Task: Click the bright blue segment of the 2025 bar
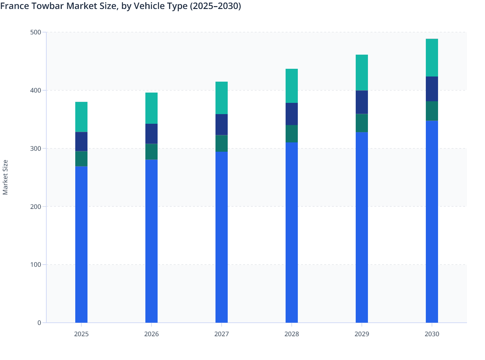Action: (81, 244)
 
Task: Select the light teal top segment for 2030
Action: (432, 58)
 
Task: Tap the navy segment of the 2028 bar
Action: (291, 114)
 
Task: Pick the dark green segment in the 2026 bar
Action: (151, 152)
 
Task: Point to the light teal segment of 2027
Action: (222, 98)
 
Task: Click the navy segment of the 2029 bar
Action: (361, 102)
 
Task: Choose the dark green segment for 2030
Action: (432, 111)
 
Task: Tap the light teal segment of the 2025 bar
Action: (81, 117)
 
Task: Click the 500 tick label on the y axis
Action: (36, 32)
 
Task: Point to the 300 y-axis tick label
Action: (36, 148)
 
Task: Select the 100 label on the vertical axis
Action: (36, 265)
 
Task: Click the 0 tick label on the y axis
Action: (39, 323)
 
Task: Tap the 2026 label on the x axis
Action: (151, 334)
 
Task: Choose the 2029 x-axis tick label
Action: (361, 334)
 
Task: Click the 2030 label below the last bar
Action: (432, 334)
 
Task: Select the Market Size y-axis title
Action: (5, 177)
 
